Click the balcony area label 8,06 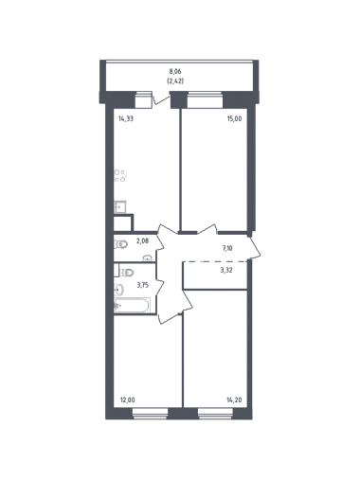coord(175,72)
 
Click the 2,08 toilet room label coord(142,241)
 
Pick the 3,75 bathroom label coord(143,285)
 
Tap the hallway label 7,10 coord(227,248)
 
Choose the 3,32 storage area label coord(227,270)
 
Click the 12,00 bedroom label coord(127,400)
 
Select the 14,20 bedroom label coord(234,400)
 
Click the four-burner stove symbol coord(120,176)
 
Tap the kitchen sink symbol coord(120,206)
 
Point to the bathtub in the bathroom coord(132,306)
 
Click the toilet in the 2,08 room coord(120,244)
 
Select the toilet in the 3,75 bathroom coord(128,273)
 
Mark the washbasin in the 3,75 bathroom coord(118,290)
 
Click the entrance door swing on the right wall coord(255,247)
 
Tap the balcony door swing coord(161,98)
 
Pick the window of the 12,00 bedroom coord(150,414)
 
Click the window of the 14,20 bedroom coord(215,414)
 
